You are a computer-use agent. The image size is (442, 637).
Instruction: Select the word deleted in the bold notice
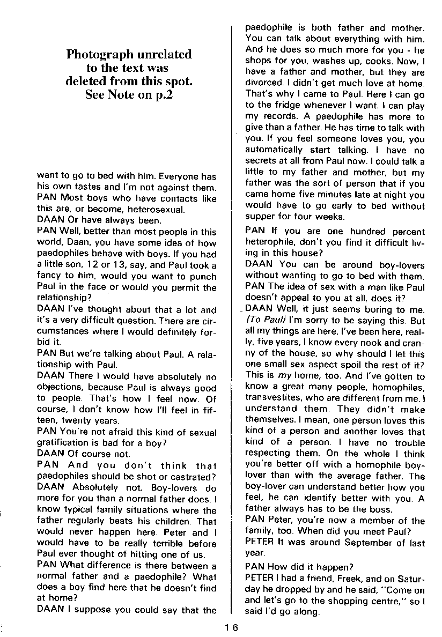coord(88,82)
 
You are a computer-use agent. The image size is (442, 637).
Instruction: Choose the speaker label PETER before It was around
coord(259,543)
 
